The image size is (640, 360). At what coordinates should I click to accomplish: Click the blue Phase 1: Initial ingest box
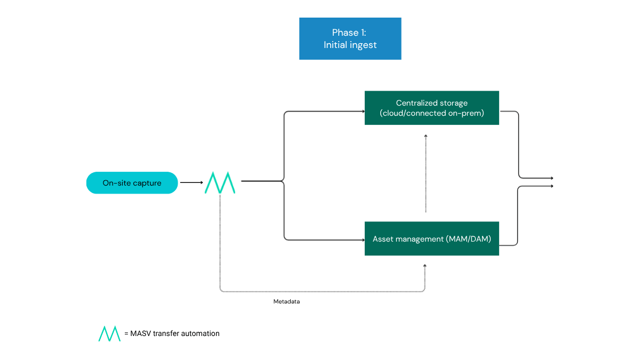pyautogui.click(x=350, y=38)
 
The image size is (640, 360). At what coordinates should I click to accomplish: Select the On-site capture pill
pyautogui.click(x=132, y=183)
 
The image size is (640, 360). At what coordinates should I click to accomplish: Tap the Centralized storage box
pyautogui.click(x=431, y=108)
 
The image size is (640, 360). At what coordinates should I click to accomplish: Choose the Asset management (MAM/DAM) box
pyautogui.click(x=431, y=238)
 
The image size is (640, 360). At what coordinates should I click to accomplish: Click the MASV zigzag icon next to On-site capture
pyautogui.click(x=220, y=183)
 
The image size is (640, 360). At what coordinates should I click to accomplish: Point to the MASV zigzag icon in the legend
pyautogui.click(x=109, y=333)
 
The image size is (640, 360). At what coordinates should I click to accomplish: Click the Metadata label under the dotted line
pyautogui.click(x=286, y=302)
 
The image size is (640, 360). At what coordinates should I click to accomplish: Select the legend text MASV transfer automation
pyautogui.click(x=175, y=333)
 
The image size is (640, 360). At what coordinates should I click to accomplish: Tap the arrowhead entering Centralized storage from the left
pyautogui.click(x=363, y=111)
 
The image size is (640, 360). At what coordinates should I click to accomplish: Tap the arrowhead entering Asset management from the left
pyautogui.click(x=363, y=239)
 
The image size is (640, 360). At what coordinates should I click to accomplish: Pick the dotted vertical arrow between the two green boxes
pyautogui.click(x=426, y=173)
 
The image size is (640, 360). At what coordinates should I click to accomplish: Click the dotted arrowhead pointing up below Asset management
pyautogui.click(x=425, y=265)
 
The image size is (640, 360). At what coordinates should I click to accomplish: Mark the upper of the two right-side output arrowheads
pyautogui.click(x=551, y=178)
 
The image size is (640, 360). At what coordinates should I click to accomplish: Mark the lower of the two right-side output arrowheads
pyautogui.click(x=551, y=186)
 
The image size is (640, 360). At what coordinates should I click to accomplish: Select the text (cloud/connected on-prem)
pyautogui.click(x=431, y=113)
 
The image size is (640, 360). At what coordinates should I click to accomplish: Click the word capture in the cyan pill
pyautogui.click(x=148, y=183)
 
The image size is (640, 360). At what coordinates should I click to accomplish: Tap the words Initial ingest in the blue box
pyautogui.click(x=350, y=45)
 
